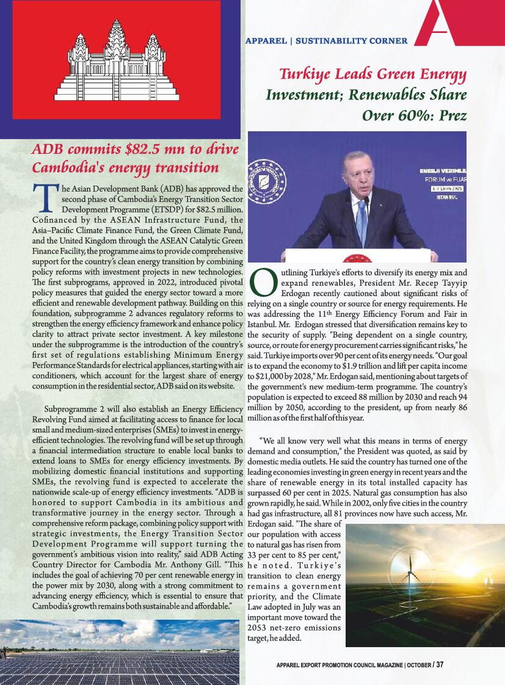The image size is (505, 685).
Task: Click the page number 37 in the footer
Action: (x=440, y=665)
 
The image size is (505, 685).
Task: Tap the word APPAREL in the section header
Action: (x=266, y=42)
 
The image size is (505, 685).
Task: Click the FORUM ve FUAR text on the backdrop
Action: (x=443, y=181)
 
